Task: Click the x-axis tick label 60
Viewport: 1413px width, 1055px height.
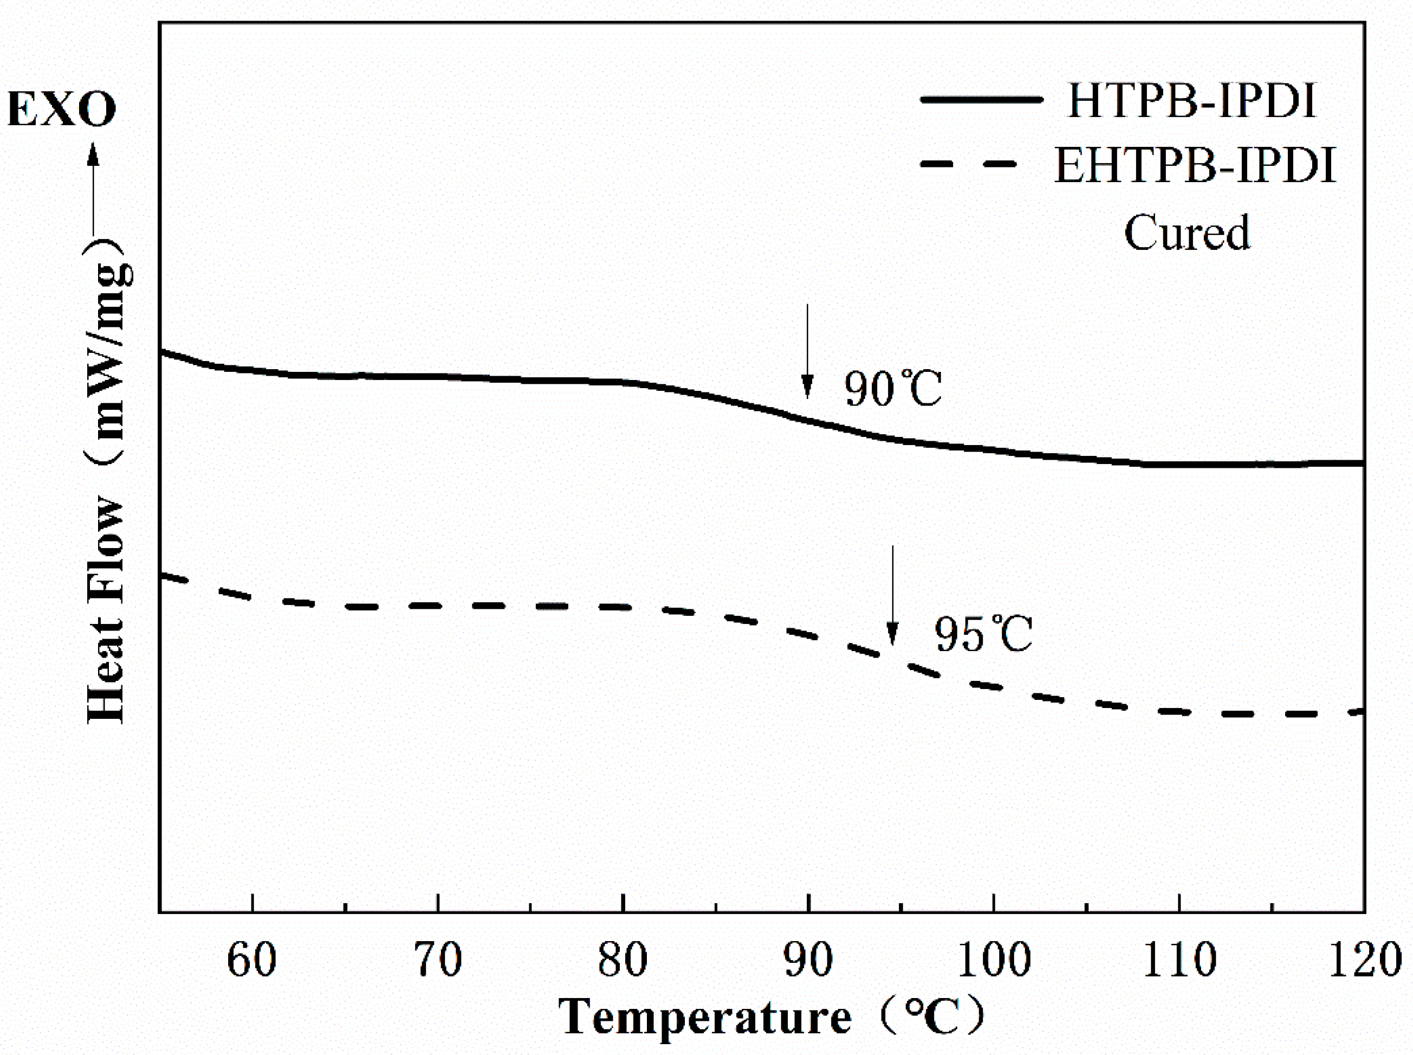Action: (252, 960)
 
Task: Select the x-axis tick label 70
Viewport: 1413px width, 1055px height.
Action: (438, 960)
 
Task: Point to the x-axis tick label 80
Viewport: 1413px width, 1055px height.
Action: (623, 960)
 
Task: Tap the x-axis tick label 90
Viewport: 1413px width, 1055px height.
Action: (808, 960)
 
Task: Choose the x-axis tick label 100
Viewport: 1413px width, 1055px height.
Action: (994, 960)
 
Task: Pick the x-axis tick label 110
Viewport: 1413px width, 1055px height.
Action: (1179, 960)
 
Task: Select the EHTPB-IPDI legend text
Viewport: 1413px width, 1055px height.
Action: (1195, 165)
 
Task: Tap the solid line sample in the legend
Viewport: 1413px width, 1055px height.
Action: (981, 100)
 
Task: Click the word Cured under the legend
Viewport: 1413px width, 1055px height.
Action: (1187, 233)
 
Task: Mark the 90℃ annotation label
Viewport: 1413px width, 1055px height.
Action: (893, 388)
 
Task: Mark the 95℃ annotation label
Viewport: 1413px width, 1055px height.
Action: (983, 634)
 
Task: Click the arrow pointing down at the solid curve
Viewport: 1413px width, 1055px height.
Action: (807, 352)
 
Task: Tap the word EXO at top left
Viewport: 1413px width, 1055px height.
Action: (62, 109)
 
